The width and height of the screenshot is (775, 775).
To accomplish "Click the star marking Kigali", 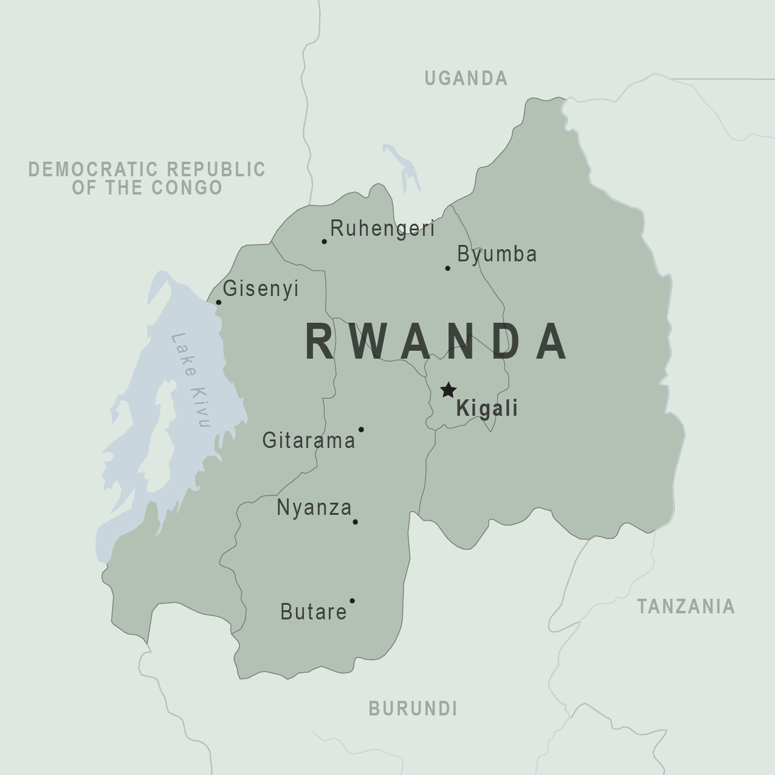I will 448,390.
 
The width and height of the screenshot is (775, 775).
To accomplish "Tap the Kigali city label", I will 487,408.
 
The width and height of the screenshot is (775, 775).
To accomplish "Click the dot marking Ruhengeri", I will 324,241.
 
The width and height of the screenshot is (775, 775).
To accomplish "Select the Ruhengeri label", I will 382,229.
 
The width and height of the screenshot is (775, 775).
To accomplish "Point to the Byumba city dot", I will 447,268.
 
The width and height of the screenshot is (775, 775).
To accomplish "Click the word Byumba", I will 497,254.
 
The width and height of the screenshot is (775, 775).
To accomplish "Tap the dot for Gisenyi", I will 219,302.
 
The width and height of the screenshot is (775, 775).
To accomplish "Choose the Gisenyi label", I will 261,288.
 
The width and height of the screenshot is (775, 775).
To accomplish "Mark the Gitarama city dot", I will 361,429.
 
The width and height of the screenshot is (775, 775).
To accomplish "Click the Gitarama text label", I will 308,440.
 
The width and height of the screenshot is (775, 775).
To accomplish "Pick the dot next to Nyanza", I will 355,522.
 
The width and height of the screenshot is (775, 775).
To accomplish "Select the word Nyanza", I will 314,508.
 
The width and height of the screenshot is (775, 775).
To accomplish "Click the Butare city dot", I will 352,601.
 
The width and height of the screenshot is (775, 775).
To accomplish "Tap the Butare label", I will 313,612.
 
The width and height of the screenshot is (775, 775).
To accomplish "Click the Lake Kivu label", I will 191,380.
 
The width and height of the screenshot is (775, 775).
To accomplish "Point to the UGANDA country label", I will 466,78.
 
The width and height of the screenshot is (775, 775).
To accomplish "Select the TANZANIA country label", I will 685,606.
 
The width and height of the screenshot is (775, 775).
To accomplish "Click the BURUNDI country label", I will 413,709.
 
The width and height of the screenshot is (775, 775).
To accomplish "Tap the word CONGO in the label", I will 187,188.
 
